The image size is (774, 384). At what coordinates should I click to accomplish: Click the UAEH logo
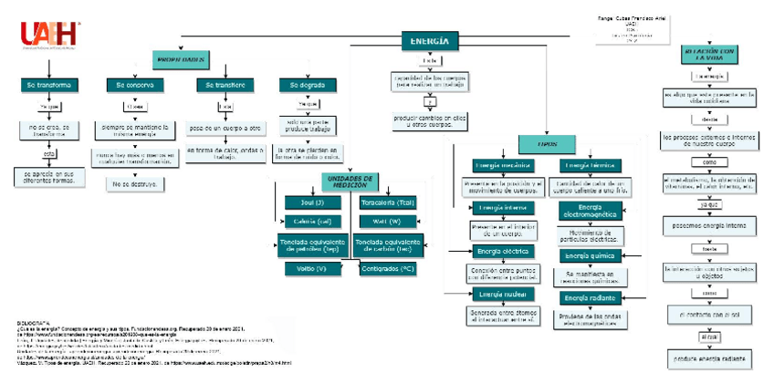[x=51, y=35]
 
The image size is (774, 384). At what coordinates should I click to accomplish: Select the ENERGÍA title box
[x=429, y=41]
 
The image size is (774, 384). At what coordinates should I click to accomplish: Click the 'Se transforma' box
[x=47, y=85]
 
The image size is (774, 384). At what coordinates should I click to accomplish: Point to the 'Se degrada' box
[x=307, y=85]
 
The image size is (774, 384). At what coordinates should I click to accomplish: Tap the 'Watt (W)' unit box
[x=387, y=222]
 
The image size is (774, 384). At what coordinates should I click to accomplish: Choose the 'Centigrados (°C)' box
[x=387, y=268]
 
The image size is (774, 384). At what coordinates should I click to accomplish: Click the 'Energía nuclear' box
[x=502, y=294]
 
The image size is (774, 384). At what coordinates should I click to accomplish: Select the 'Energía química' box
[x=589, y=255]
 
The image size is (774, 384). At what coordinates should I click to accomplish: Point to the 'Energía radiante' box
[x=589, y=298]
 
